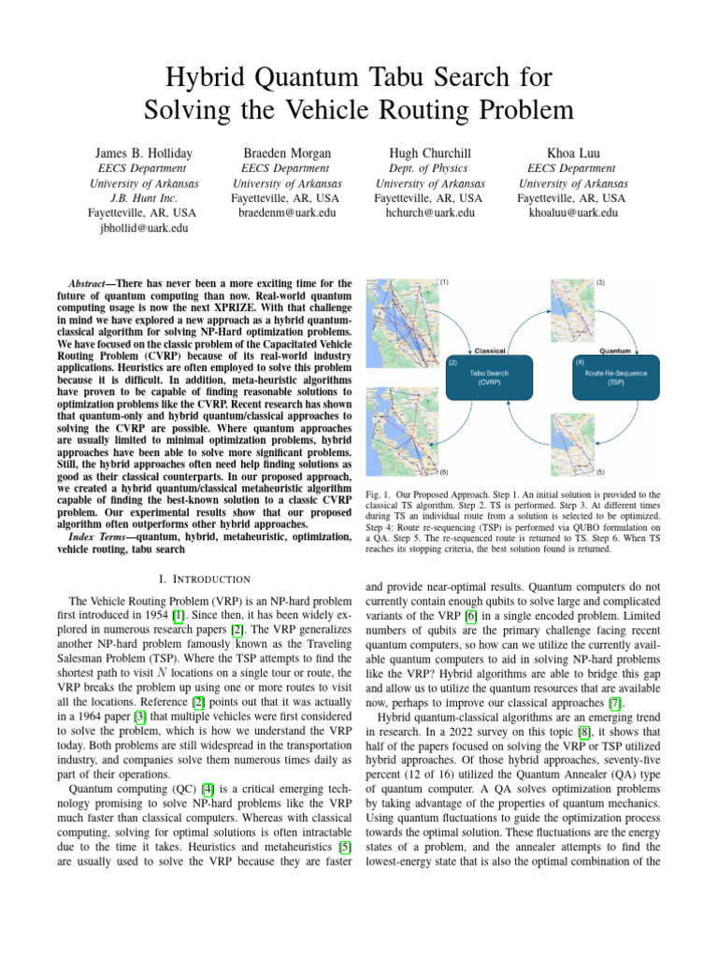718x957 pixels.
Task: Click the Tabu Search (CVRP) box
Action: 490,377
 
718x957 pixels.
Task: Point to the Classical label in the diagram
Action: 491,350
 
